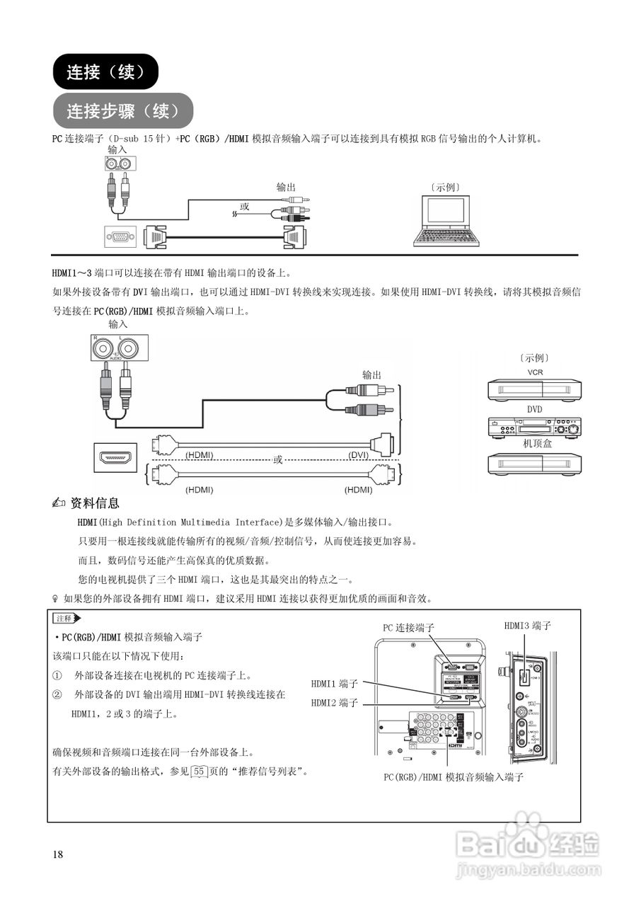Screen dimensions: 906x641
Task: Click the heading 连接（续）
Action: [105, 71]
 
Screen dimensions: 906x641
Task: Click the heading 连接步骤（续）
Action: [122, 111]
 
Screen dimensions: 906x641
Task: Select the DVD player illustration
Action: [534, 428]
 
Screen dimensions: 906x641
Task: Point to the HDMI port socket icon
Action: [115, 458]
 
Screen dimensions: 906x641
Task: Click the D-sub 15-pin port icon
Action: [120, 237]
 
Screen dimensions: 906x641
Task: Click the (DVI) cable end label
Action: [362, 454]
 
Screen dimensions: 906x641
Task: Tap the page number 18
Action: [58, 854]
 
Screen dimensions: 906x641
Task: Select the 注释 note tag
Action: [67, 619]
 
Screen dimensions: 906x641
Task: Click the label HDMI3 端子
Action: [527, 626]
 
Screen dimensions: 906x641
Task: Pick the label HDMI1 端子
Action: [335, 684]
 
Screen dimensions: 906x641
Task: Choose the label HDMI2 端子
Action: [335, 703]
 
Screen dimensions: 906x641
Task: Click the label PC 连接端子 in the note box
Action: [408, 628]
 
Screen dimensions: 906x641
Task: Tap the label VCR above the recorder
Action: [535, 372]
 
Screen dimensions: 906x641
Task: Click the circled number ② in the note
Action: [57, 695]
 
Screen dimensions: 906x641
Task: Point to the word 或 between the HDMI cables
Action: [278, 459]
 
